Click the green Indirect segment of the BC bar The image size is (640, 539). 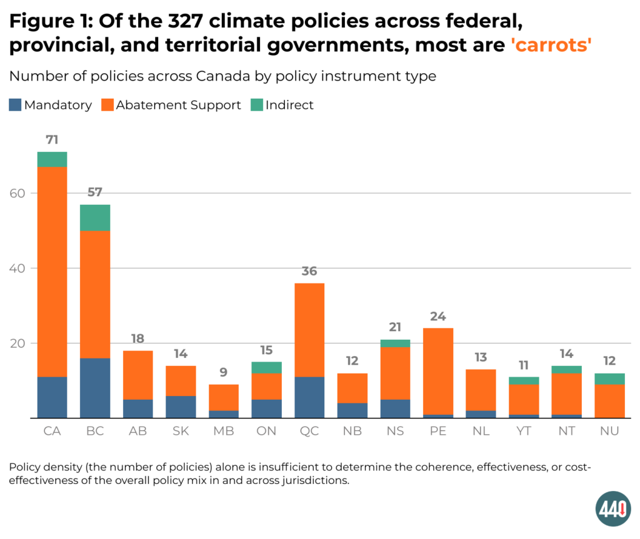[95, 217]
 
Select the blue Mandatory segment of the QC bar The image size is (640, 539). [309, 397]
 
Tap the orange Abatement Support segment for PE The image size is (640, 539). [438, 371]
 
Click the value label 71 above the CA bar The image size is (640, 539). [52, 139]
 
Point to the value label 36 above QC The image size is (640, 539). [309, 271]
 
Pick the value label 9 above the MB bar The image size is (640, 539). [224, 373]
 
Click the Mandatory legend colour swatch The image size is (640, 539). [15, 105]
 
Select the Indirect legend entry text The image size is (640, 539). [289, 105]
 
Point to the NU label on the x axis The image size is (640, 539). [609, 432]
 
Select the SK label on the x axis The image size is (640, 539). [181, 432]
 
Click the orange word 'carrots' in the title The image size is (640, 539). [547, 45]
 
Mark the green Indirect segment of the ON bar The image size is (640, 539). [266, 367]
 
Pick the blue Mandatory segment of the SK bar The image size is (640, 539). [181, 407]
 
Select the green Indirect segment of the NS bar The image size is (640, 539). [395, 343]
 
